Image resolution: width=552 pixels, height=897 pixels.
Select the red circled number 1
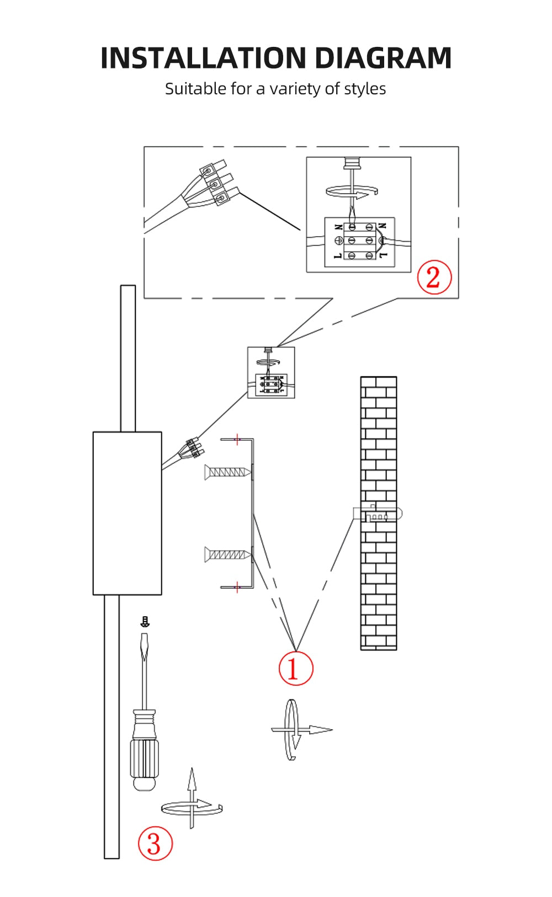pos(295,668)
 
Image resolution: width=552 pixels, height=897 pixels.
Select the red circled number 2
pos(434,277)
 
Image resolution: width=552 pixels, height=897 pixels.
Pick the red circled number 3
pos(155,843)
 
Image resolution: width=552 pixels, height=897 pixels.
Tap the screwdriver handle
pos(145,750)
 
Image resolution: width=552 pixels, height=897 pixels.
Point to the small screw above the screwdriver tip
pos(145,622)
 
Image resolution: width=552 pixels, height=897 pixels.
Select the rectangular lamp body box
pos(127,513)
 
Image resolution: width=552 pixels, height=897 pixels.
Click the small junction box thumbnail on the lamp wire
pos(270,372)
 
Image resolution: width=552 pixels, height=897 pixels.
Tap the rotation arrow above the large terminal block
pos(352,191)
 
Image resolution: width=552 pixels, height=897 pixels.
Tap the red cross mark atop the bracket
pos(237,439)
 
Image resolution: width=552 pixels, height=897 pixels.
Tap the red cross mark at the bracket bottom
pos(237,586)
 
